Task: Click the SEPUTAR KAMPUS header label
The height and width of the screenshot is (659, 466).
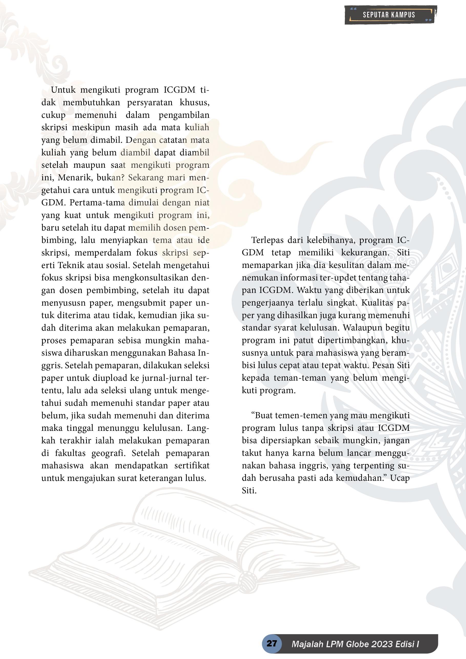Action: point(389,15)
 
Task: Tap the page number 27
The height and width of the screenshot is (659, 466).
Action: point(272,643)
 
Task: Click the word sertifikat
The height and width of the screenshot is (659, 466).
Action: point(192,466)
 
